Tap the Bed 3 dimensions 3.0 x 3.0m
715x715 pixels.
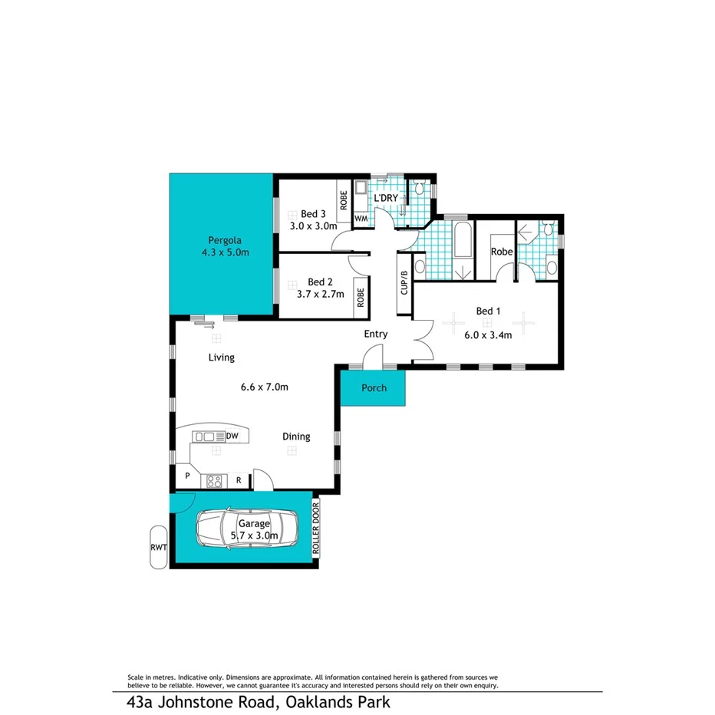click(x=313, y=226)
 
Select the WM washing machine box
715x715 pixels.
click(x=361, y=219)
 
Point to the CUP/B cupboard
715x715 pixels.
click(x=404, y=282)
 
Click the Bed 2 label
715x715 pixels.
click(x=319, y=282)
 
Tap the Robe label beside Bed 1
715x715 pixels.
click(x=502, y=251)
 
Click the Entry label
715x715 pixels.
click(x=376, y=334)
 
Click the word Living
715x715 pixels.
click(x=222, y=357)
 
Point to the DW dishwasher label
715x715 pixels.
click(x=233, y=437)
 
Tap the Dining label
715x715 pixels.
click(x=296, y=437)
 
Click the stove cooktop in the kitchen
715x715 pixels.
click(x=214, y=481)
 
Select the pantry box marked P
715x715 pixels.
click(x=186, y=476)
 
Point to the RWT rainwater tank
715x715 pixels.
click(x=157, y=546)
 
